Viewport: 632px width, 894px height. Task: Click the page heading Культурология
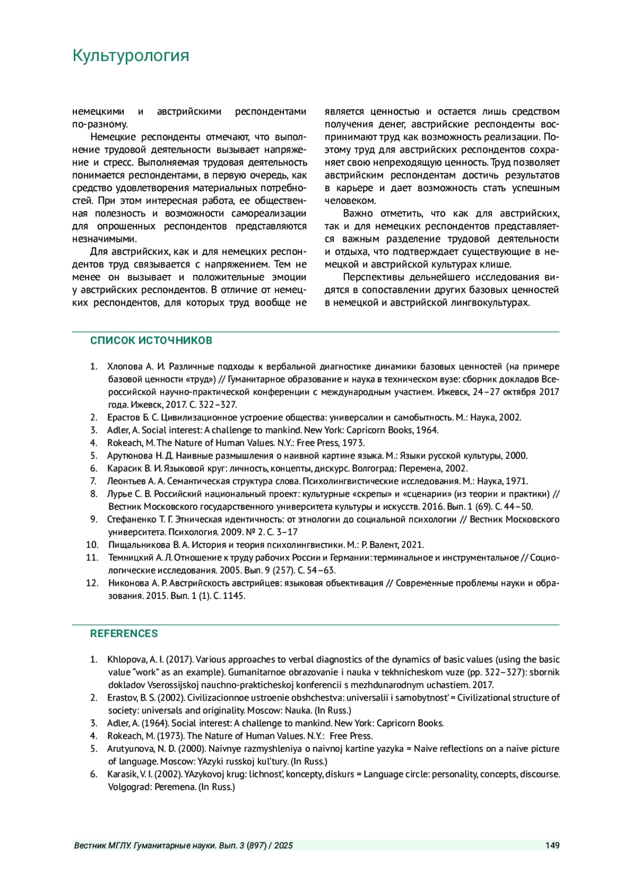point(131,55)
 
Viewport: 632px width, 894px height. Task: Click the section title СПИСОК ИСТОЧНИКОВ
point(151,340)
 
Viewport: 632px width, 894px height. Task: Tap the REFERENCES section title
point(124,633)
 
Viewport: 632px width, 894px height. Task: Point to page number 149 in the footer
point(552,846)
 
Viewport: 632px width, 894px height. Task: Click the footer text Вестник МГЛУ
point(103,846)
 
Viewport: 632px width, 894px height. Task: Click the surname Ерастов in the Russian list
point(123,417)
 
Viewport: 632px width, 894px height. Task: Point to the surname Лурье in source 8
point(119,494)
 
